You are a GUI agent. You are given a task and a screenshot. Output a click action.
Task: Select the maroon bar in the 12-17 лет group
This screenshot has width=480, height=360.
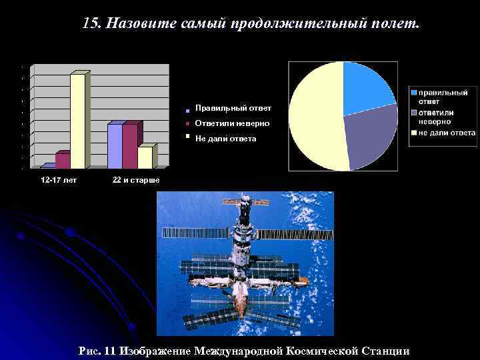[62, 161]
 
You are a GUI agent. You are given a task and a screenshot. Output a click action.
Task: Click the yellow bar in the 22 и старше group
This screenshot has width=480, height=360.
[145, 157]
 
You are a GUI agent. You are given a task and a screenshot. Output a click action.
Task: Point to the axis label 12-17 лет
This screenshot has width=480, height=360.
[59, 181]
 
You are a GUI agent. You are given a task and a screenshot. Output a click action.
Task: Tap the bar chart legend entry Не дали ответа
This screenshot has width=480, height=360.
[225, 139]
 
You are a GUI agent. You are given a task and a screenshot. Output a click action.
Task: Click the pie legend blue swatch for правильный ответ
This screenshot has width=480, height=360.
[414, 93]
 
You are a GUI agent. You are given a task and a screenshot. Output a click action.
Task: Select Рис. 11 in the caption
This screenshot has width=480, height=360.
[97, 351]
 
